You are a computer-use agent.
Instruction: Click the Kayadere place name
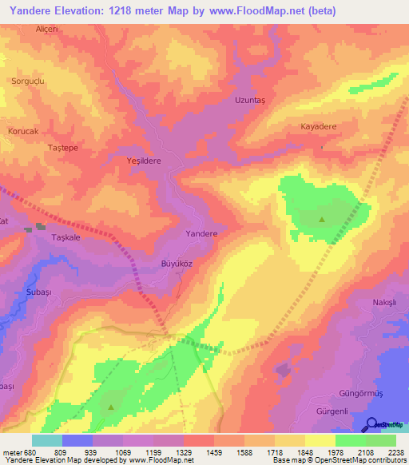[x=318, y=127]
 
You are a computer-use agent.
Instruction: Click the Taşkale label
[x=67, y=238]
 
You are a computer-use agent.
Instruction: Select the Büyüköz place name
[x=172, y=263]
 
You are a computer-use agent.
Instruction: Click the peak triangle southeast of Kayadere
[x=322, y=219]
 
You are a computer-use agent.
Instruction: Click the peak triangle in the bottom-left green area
[x=110, y=407]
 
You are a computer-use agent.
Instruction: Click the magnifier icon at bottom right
[x=371, y=424]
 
